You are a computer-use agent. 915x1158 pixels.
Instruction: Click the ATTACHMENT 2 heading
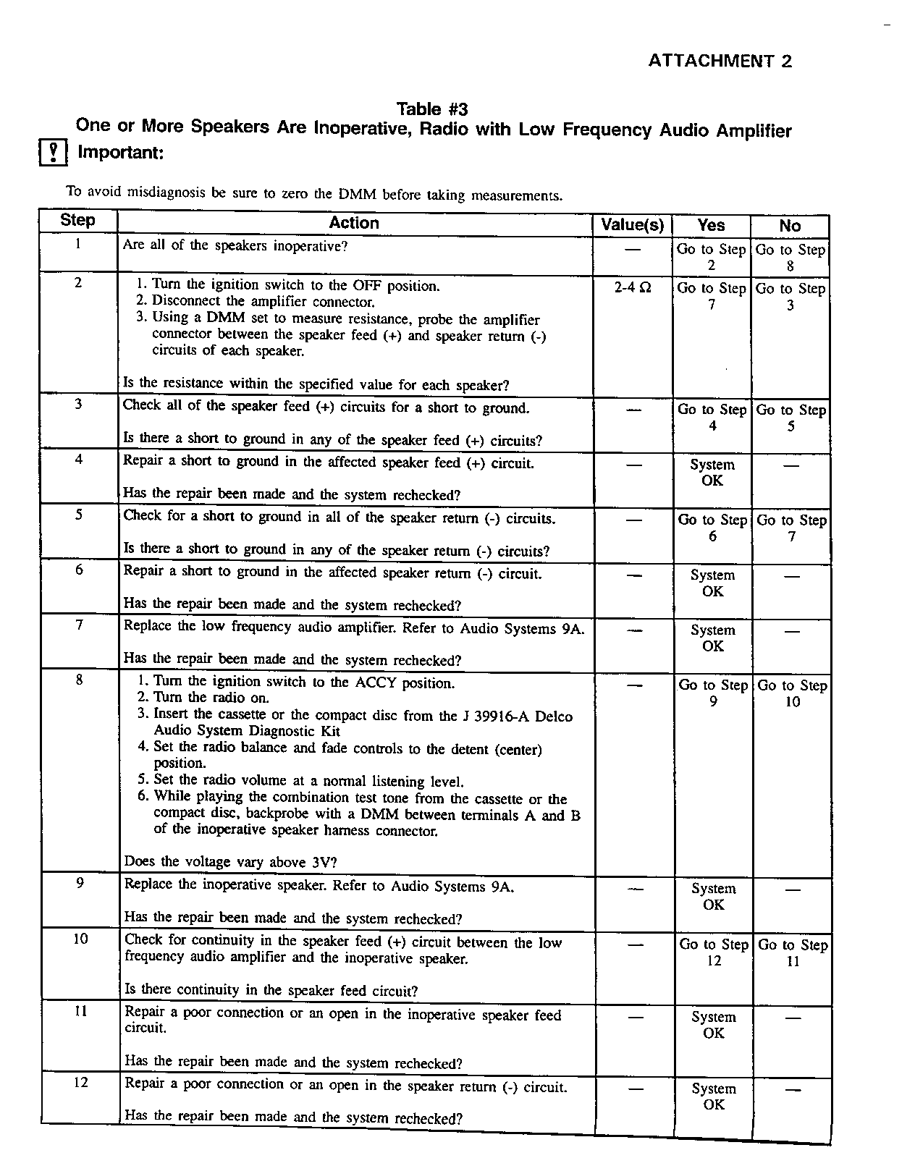(720, 61)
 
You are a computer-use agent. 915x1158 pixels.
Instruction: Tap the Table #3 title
(432, 109)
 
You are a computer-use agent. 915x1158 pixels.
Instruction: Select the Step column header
(77, 220)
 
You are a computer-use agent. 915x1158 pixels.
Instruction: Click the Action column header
(354, 223)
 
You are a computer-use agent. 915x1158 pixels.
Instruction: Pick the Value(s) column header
(632, 225)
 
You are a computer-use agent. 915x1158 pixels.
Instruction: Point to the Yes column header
(711, 225)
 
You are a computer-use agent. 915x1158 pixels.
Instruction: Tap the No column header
(790, 226)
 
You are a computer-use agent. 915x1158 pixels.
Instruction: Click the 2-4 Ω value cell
(632, 287)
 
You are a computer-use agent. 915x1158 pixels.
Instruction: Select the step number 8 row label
(79, 679)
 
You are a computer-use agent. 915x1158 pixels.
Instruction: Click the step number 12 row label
(81, 1082)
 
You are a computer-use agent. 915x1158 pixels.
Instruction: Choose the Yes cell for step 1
(711, 257)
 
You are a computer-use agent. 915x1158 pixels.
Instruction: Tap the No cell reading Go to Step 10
(792, 693)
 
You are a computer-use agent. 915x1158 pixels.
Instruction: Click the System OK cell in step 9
(713, 897)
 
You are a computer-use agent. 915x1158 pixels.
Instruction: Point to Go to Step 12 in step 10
(714, 952)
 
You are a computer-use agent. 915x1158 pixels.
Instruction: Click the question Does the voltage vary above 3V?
(230, 861)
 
